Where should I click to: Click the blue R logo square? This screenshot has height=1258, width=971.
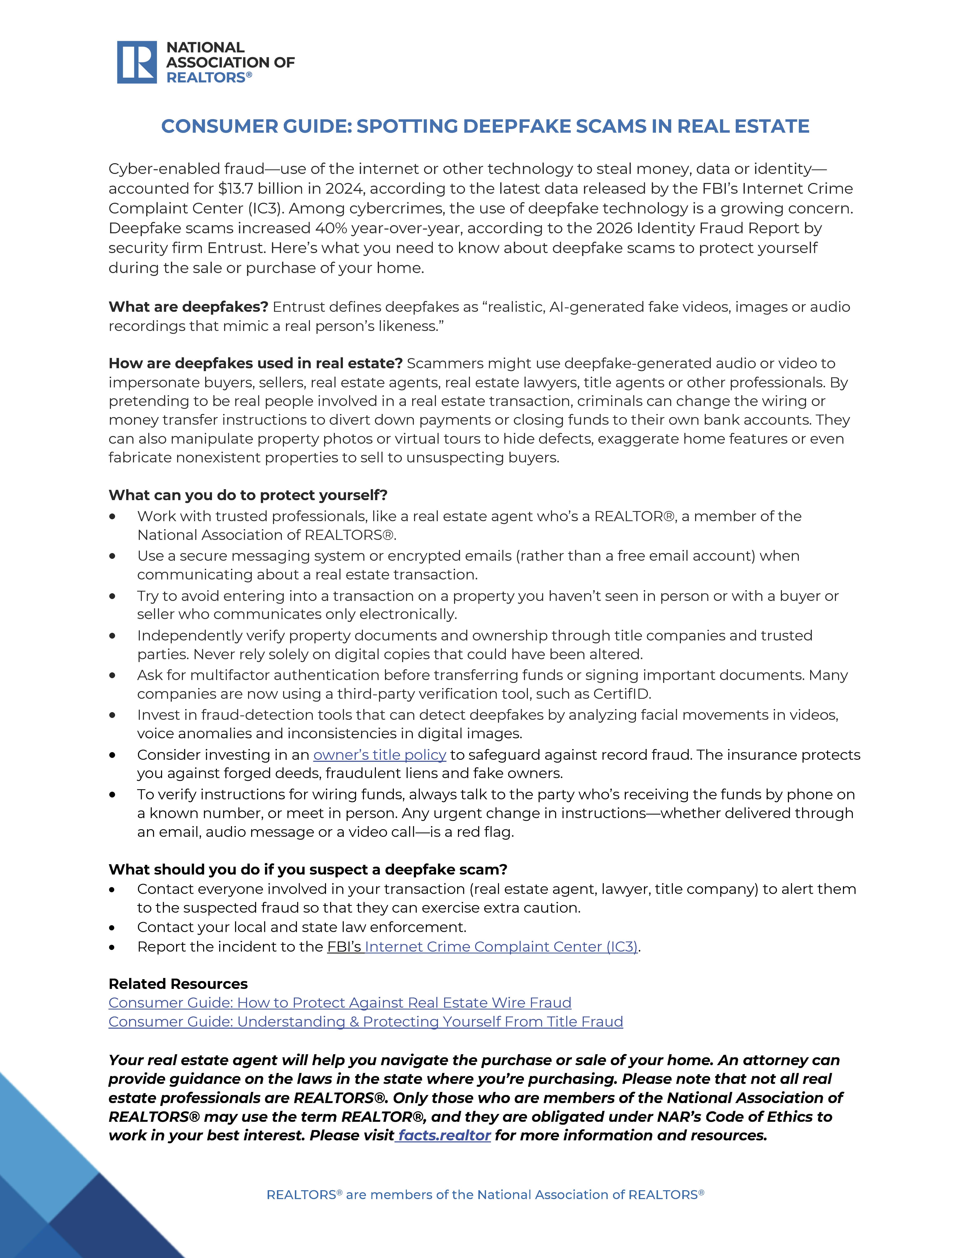pyautogui.click(x=137, y=62)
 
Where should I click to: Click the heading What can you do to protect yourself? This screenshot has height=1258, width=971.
pyautogui.click(x=248, y=495)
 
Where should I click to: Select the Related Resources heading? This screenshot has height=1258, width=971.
pyautogui.click(x=178, y=984)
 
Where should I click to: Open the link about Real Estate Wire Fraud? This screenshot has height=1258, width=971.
pyautogui.click(x=340, y=1003)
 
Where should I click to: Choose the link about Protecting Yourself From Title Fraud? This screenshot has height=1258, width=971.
pyautogui.click(x=365, y=1022)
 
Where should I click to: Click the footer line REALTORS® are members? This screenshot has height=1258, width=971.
pyautogui.click(x=485, y=1195)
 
